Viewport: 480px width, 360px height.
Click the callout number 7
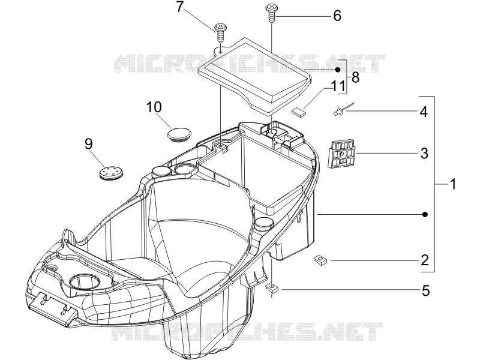pos(180,7)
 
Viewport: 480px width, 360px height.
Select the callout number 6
pos(337,16)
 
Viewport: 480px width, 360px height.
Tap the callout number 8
pos(355,77)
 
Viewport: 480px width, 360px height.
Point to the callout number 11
pos(338,86)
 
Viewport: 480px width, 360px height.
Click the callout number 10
pos(154,107)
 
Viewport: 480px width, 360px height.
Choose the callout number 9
pos(89,143)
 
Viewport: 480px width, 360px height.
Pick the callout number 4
pos(424,112)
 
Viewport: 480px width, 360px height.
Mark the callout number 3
pos(424,153)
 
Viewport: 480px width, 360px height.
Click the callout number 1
pos(454,184)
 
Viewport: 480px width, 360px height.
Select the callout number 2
pos(425,260)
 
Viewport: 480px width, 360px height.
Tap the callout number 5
pos(426,291)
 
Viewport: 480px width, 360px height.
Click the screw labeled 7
pos(220,33)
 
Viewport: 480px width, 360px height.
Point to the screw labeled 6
pos(272,12)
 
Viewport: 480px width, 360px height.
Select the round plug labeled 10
pos(179,134)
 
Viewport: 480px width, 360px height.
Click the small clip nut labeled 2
pos(320,260)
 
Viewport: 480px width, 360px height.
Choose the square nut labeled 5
pos(272,288)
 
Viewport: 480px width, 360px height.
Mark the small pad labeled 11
pos(298,112)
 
